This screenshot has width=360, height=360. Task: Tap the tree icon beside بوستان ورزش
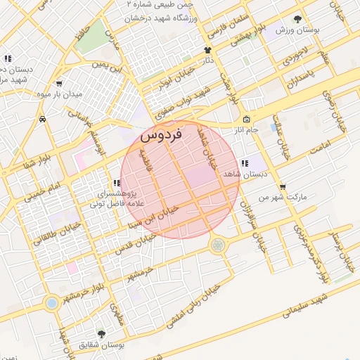298,19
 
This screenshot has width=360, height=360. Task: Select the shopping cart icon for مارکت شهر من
283,187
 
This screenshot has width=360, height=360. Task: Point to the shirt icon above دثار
207,50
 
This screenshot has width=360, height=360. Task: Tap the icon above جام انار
245,119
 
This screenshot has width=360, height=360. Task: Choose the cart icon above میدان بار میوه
59,82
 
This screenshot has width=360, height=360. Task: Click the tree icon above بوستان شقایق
102,335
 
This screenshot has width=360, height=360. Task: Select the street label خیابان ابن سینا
153,217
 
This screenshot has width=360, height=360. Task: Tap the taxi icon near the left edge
44,120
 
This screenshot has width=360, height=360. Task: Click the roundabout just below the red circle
218,245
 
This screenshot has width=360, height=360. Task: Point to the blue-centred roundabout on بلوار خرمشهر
51,304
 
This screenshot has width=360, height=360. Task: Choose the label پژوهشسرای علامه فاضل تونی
116,198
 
